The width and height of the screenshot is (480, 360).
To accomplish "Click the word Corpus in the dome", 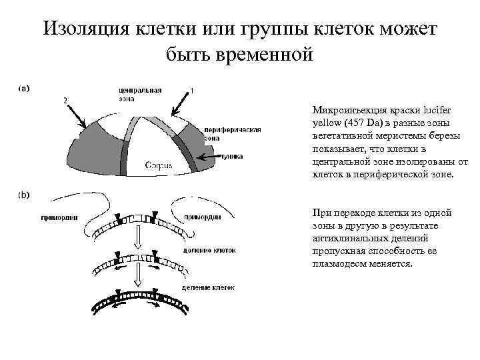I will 158,165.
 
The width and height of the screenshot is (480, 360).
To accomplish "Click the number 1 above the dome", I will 192,90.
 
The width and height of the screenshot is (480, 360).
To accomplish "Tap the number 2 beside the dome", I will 65,99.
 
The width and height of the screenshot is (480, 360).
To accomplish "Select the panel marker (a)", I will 23,87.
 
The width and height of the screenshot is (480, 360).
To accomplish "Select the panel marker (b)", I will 23,195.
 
